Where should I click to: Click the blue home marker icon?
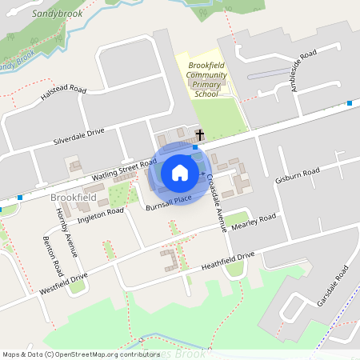coord(180,173)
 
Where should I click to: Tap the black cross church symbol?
coord(199,135)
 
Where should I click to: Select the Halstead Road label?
coord(63,98)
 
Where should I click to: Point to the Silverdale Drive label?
coord(78,134)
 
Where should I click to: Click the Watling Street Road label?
coord(124,170)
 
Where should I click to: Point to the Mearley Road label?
coord(253,221)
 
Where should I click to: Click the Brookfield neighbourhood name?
coord(73,197)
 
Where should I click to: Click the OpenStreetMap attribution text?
coord(81,354)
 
